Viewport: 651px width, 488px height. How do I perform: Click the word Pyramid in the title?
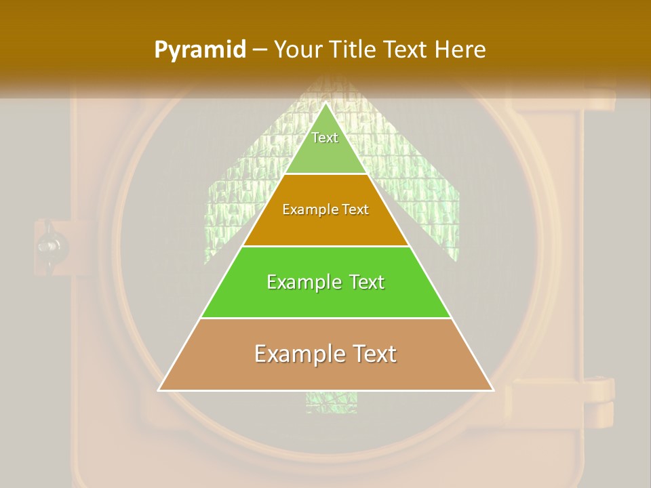(x=200, y=49)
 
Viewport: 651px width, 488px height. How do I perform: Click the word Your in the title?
(x=296, y=49)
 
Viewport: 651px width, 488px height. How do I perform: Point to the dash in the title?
(x=260, y=50)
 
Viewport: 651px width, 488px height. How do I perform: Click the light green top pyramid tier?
(x=325, y=152)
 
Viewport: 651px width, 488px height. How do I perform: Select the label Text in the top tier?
(x=325, y=138)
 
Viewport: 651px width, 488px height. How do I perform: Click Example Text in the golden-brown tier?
(x=325, y=209)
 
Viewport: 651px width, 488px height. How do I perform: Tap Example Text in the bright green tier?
(x=325, y=281)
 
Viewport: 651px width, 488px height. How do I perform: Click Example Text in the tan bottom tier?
(x=325, y=354)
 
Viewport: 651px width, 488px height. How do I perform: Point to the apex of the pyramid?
(x=325, y=103)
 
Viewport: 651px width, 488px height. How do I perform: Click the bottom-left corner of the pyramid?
(x=159, y=390)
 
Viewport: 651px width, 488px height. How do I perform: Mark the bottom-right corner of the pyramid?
(x=493, y=390)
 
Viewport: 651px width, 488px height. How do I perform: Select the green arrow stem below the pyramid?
(x=321, y=403)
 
